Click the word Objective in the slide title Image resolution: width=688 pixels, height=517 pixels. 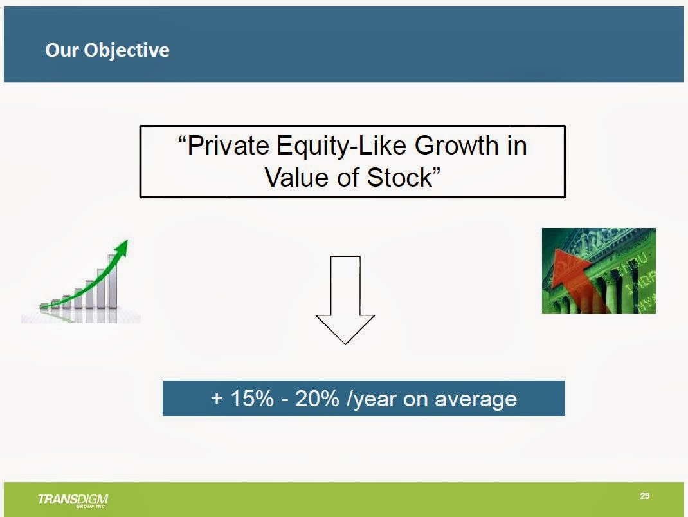tap(127, 50)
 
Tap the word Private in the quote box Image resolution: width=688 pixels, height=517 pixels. tap(228, 146)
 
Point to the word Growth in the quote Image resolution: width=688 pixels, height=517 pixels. tap(457, 146)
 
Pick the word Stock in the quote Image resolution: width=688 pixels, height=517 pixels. tap(399, 178)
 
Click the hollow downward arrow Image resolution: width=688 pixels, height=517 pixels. tap(345, 299)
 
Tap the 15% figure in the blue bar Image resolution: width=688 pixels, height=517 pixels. tap(252, 399)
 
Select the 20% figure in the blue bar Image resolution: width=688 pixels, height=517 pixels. tap(317, 399)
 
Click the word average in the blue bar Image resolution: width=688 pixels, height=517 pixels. tap(476, 400)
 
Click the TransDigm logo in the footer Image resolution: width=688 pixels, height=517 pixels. tap(73, 500)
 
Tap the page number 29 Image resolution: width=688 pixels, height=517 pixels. tap(644, 496)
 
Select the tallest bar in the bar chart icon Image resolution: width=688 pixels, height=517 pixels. tap(113, 281)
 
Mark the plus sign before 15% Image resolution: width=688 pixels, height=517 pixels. tap(217, 399)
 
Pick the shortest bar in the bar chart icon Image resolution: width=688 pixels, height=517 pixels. tap(44, 306)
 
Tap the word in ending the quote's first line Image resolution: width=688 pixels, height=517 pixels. tap(517, 146)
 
